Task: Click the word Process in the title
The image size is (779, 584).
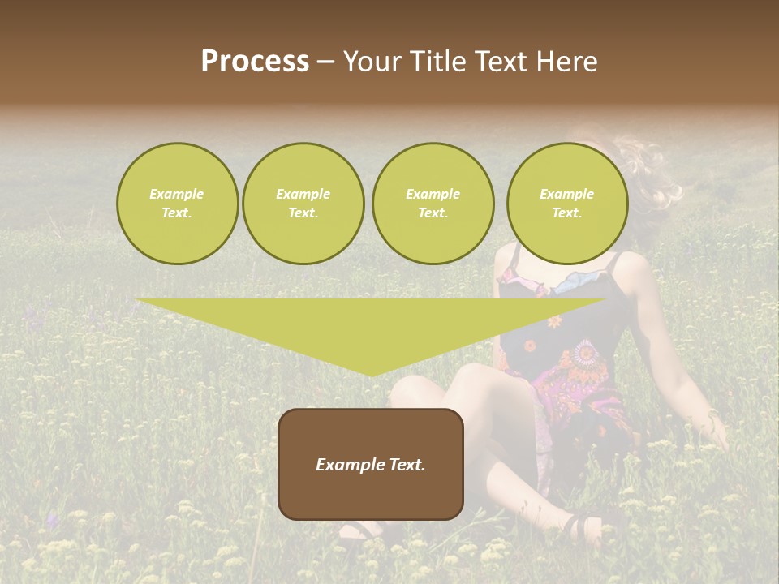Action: pos(255,62)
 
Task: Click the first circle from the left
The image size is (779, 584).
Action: pos(177,204)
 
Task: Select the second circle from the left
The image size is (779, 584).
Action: pos(303,204)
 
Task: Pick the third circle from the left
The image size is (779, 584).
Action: pos(433,204)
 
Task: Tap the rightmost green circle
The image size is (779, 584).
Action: pos(566,204)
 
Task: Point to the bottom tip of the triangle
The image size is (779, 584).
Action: pos(372,375)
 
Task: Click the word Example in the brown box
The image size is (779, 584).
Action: pos(347,465)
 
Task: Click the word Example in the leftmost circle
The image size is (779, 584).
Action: pos(177,194)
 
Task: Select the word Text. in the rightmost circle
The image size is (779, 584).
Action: pos(566,213)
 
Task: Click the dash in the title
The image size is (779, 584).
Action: pos(326,62)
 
